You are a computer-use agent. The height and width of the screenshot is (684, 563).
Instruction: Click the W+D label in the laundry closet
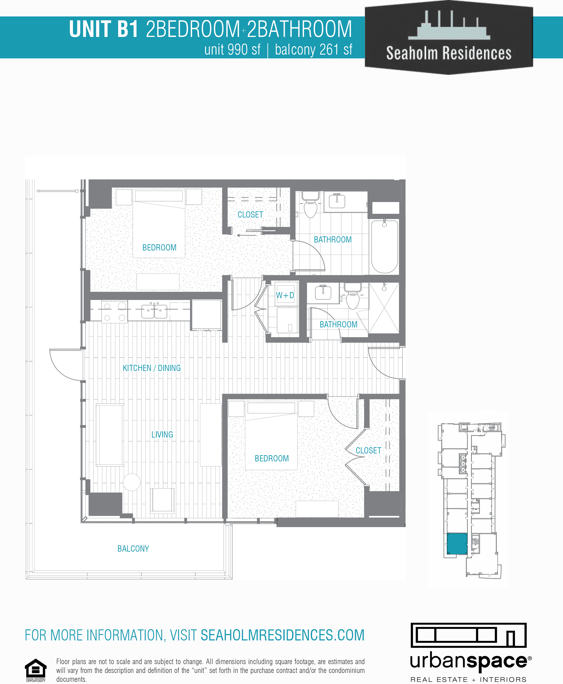285,295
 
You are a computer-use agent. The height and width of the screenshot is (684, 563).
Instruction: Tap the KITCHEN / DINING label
151,368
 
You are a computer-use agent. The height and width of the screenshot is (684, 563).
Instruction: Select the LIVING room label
162,435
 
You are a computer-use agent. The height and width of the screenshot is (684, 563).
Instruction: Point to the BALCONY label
133,548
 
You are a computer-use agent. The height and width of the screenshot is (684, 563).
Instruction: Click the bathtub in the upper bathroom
384,246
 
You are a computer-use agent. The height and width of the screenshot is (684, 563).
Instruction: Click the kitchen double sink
154,310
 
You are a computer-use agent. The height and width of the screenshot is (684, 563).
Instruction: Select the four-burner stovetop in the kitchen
115,312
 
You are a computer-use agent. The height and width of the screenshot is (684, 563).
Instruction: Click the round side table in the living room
132,482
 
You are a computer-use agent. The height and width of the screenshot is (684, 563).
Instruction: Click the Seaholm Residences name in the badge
448,53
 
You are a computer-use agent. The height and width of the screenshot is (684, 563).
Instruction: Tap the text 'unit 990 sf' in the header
232,50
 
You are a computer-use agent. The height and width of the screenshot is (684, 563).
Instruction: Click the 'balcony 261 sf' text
313,50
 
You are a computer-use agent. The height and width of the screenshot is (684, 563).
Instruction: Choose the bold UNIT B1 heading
104,29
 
